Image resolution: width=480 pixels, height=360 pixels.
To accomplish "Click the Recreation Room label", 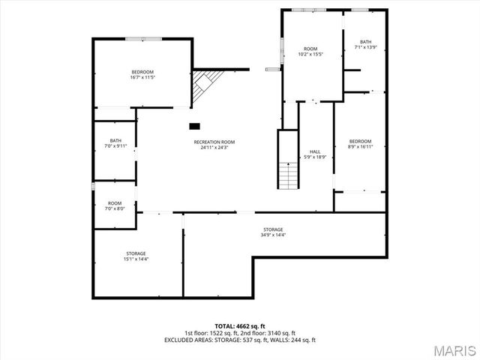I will [x=214, y=142].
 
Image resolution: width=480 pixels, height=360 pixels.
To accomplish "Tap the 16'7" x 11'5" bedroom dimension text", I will [x=142, y=77].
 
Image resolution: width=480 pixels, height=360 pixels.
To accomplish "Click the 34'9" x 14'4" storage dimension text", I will [x=273, y=235].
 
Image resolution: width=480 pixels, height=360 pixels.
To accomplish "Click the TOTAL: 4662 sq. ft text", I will [x=240, y=326].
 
